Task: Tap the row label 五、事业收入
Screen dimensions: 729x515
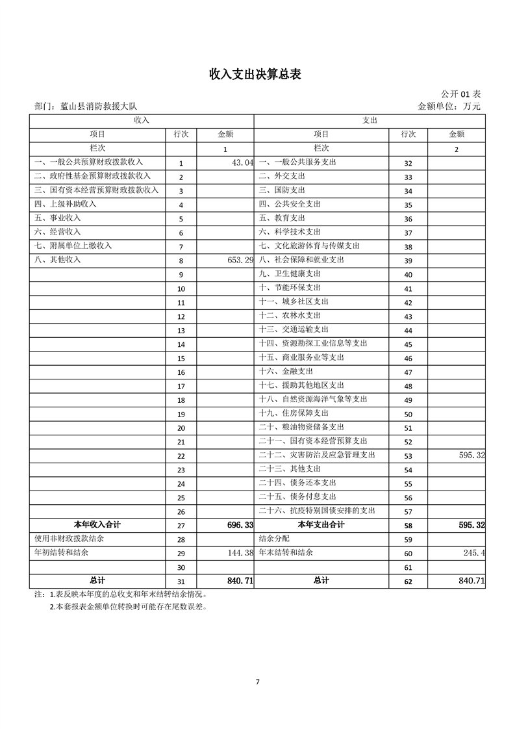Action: click(57, 218)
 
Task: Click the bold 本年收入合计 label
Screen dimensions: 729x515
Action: click(97, 524)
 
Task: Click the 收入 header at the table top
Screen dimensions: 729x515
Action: click(141, 120)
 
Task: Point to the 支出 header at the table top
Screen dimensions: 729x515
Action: click(369, 120)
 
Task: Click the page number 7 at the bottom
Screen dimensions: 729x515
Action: click(258, 682)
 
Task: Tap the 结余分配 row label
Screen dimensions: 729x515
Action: click(274, 539)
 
